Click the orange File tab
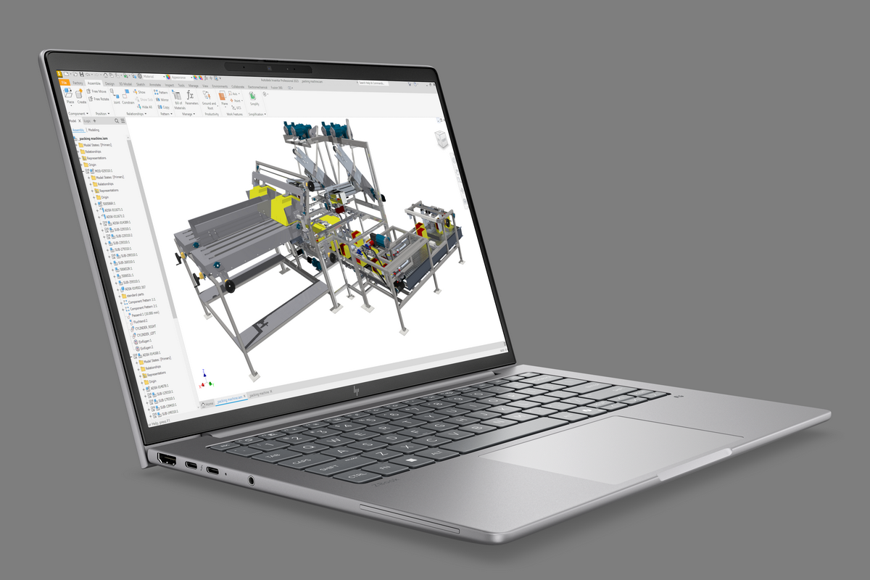tap(64, 83)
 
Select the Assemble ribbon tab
tap(94, 83)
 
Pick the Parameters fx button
tap(191, 99)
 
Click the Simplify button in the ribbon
tap(253, 99)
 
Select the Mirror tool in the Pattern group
tap(163, 99)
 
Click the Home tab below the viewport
tap(208, 402)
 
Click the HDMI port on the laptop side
tap(166, 459)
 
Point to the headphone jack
tap(251, 479)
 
